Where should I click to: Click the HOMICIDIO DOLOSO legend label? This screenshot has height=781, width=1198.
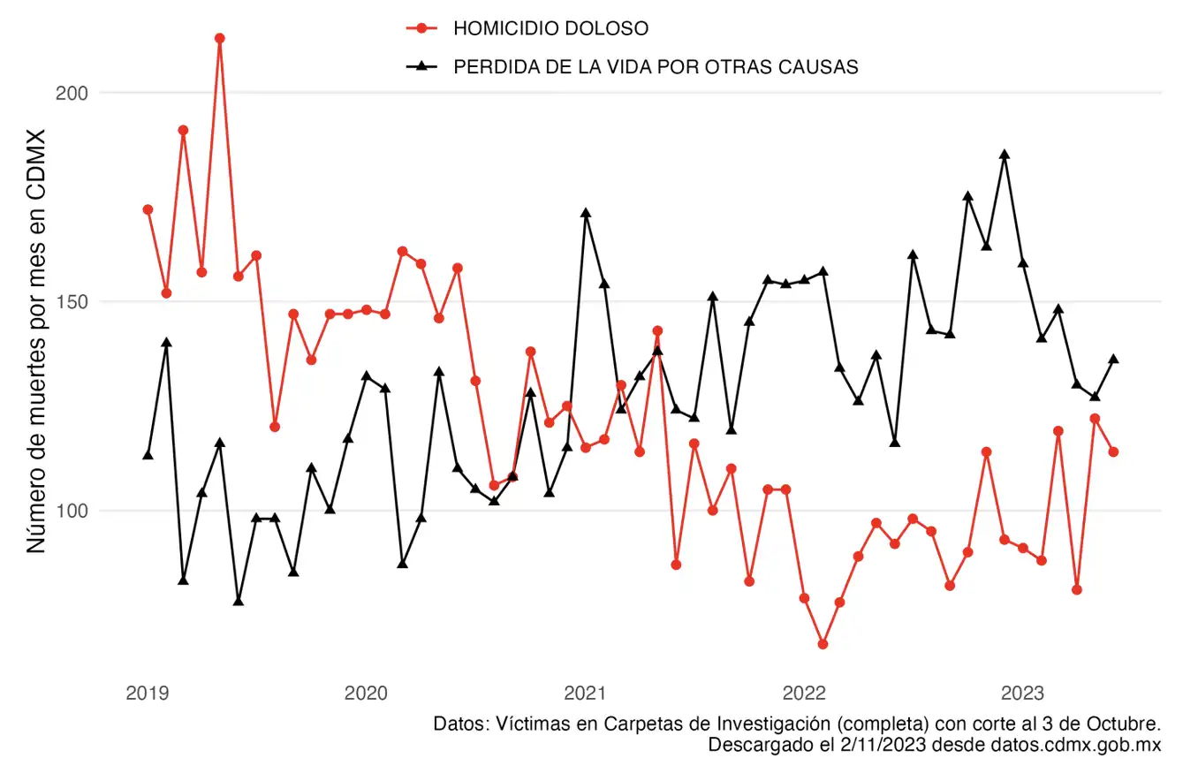tap(550, 28)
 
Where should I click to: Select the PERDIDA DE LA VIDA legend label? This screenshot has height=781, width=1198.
tap(656, 67)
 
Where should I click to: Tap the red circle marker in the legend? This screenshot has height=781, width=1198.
tap(422, 28)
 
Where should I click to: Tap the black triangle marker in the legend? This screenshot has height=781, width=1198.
tap(422, 66)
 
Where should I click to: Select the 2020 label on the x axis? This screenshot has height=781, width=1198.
tap(366, 693)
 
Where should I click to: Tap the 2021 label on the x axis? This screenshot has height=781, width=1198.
tap(585, 693)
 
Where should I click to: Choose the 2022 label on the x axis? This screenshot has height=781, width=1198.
tap(805, 693)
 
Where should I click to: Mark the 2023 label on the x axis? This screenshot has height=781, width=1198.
tap(1024, 693)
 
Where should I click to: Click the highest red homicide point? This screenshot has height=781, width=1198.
tap(220, 38)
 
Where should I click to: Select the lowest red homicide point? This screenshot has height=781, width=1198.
tap(823, 644)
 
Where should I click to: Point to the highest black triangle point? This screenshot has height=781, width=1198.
tap(1005, 155)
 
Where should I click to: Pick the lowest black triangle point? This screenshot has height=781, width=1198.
tap(239, 602)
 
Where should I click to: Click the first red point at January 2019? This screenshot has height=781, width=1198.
tap(148, 209)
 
